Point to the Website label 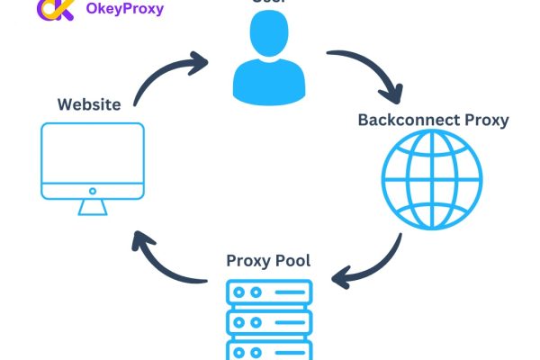pyautogui.click(x=89, y=104)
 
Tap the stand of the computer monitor pyautogui.click(x=92, y=207)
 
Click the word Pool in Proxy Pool pyautogui.click(x=292, y=262)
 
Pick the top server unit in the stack pyautogui.click(x=267, y=292)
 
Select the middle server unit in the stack pyautogui.click(x=267, y=321)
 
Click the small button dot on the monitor pyautogui.click(x=92, y=191)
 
